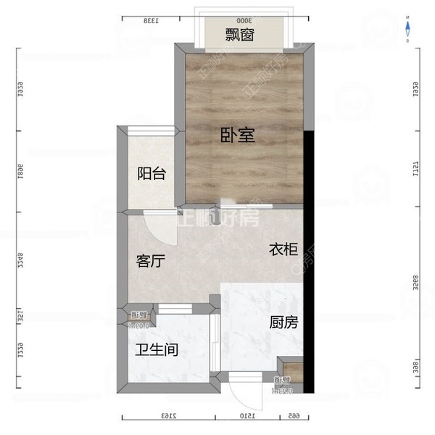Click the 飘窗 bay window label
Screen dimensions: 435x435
pos(238,34)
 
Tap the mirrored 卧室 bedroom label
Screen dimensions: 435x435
pos(238,135)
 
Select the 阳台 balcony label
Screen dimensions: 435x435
pos(152,174)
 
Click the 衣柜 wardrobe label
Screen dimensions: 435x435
pos(283,249)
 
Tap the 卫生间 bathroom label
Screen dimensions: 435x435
pos(157,350)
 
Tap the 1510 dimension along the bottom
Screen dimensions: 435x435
pos(246,415)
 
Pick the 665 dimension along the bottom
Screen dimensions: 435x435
pos(294,415)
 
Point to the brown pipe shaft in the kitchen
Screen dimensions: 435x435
pos(284,373)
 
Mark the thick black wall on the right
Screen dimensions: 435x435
pos(309,261)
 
